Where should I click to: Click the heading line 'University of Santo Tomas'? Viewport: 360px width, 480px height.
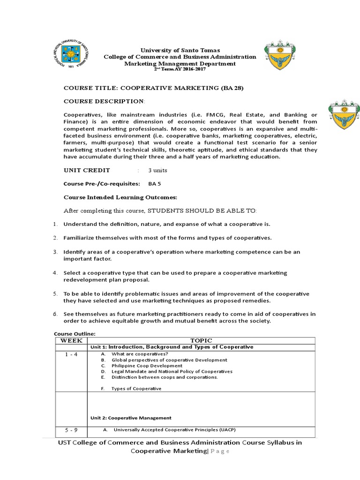click(x=180, y=50)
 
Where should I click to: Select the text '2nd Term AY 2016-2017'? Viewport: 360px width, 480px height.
click(x=180, y=69)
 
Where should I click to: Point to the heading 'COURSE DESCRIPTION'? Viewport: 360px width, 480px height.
click(x=104, y=101)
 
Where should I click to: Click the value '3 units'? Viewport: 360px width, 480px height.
click(x=157, y=170)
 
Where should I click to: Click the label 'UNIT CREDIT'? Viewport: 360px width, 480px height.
click(x=87, y=170)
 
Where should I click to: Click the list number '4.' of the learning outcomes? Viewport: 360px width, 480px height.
click(x=55, y=273)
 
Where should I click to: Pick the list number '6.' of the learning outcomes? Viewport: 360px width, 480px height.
click(x=55, y=314)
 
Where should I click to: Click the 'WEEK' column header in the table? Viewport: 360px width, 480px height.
click(x=71, y=340)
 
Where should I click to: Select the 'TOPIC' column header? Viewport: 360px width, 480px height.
click(x=201, y=340)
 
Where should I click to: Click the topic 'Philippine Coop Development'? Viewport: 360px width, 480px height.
click(x=147, y=366)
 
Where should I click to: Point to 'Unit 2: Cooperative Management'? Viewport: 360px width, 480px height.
click(x=131, y=418)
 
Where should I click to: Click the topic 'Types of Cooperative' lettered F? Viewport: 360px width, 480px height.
click(x=136, y=389)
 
